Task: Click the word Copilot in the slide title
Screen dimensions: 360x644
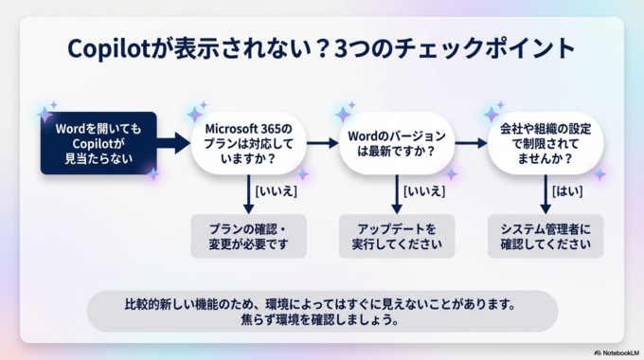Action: (112, 49)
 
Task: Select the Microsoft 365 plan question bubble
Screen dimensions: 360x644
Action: (249, 143)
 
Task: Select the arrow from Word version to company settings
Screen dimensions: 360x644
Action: (470, 143)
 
